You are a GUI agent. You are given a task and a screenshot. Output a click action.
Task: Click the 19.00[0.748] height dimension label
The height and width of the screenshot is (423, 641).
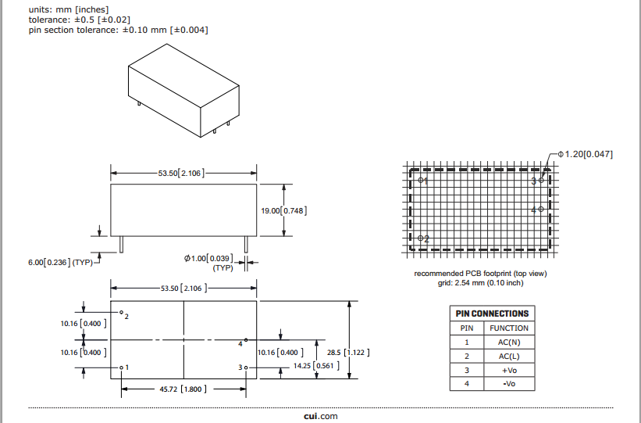point(284,210)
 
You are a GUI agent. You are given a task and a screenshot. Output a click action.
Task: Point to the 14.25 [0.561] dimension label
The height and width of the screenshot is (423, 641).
point(311,366)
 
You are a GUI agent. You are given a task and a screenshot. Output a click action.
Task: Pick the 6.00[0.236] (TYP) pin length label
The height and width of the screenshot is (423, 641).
point(60,262)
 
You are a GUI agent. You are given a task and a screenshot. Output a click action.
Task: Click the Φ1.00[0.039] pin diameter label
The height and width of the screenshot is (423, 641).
point(208,258)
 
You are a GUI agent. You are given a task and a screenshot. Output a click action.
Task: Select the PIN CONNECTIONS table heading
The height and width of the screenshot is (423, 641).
point(492,314)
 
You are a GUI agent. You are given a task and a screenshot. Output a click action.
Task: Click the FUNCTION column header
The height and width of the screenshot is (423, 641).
point(509,328)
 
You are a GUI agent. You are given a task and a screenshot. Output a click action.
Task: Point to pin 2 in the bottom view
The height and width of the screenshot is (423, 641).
point(121,313)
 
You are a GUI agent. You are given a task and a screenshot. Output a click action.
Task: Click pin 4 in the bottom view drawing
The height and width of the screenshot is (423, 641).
point(245,340)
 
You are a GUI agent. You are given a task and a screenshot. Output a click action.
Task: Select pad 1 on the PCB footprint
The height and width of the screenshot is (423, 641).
point(421,180)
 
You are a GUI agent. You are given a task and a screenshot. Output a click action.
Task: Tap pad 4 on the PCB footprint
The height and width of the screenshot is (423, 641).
point(540,210)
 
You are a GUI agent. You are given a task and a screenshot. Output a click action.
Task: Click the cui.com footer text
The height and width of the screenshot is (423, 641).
point(321,416)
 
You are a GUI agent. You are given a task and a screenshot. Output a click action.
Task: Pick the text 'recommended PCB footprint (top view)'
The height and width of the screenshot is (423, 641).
point(480,274)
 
